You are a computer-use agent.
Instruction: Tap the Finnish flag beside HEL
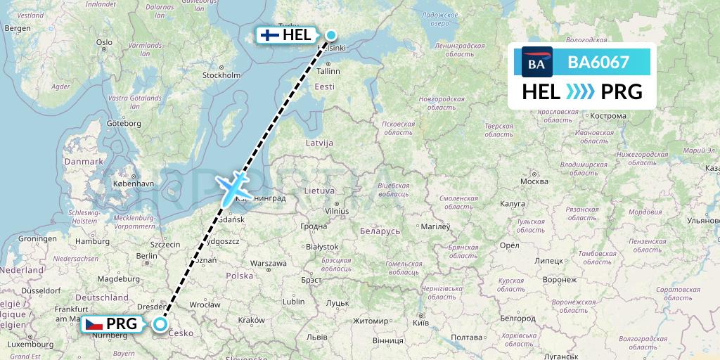click(269, 34)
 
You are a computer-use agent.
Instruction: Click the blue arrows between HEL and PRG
click(580, 92)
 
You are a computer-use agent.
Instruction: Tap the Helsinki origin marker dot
click(330, 34)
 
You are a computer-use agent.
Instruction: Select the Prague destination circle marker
click(161, 324)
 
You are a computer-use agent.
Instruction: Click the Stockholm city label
click(221, 75)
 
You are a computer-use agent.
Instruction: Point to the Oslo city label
click(104, 42)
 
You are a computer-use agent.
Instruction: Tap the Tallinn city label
click(328, 71)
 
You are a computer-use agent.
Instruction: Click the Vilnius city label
click(337, 210)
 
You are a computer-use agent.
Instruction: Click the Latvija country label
click(319, 143)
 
